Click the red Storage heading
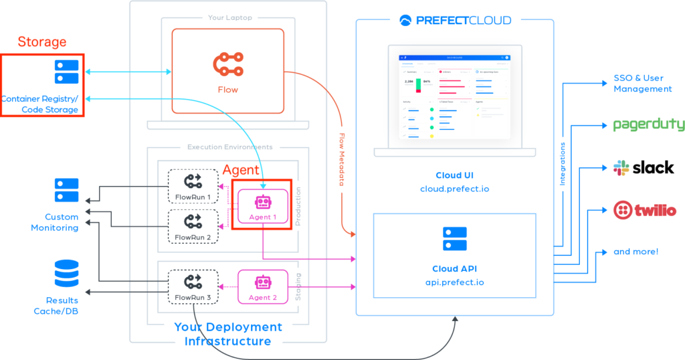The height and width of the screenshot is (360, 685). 41,42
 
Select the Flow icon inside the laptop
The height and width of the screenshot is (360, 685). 227,65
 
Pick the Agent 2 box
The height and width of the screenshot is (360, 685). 262,287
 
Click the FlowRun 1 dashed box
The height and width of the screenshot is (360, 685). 193,187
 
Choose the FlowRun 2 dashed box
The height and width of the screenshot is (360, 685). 193,227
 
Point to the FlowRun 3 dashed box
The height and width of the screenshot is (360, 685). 193,287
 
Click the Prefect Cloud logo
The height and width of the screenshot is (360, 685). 456,20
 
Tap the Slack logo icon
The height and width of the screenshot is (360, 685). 621,168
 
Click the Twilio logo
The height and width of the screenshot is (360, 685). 645,211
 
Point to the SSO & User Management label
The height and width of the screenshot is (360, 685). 642,84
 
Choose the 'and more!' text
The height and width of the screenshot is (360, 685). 635,252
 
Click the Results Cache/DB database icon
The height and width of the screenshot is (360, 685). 66,274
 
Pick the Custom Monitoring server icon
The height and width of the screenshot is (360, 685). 66,190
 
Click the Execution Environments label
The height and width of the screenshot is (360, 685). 229,147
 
